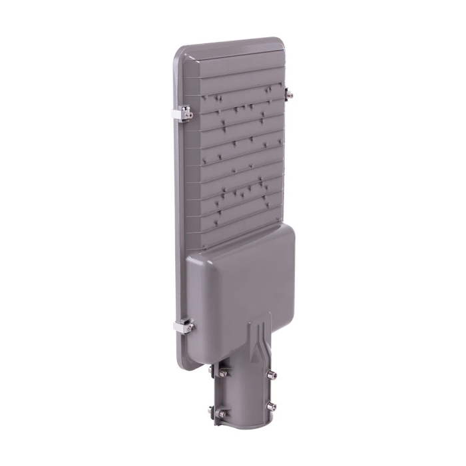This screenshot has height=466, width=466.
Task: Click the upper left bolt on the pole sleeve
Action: point(222,373)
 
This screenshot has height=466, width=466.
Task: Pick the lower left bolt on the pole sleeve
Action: point(222,413)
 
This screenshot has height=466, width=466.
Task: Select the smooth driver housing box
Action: point(240,280)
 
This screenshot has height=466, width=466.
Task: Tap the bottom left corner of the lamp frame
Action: point(184,359)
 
